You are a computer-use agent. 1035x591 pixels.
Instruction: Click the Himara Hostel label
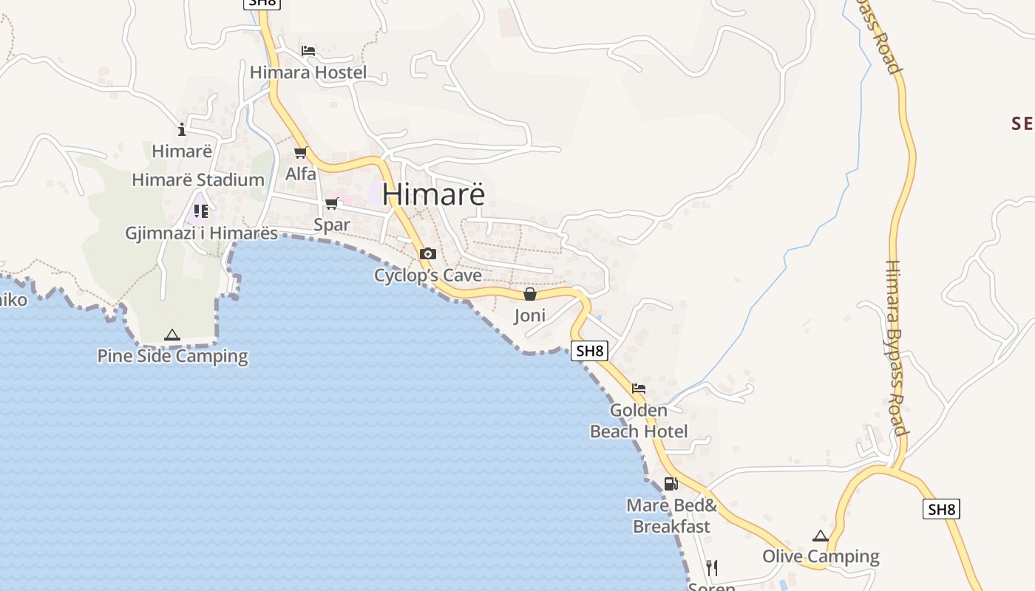pos(308,72)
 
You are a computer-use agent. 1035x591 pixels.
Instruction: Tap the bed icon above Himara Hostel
pos(308,51)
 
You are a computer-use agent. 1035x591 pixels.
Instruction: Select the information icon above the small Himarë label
pos(182,129)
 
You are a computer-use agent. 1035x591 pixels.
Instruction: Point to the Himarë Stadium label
pos(197,180)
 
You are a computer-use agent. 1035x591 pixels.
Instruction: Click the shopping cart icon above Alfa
pos(301,153)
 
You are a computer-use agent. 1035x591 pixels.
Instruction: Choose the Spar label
pos(332,225)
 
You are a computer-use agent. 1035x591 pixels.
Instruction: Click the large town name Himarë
pos(434,194)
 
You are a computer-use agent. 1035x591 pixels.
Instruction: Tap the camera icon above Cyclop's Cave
pos(427,254)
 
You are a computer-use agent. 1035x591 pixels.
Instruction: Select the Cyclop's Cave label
pos(427,276)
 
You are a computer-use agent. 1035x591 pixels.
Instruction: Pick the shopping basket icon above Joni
pos(529,294)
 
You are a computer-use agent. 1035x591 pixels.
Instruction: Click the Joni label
pos(529,315)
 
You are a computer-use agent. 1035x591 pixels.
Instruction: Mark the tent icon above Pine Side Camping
pos(172,335)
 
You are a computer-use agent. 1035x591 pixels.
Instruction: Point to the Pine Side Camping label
pos(172,356)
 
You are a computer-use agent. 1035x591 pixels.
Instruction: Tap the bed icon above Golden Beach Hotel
pos(639,389)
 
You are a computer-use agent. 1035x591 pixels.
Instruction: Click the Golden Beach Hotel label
pos(639,420)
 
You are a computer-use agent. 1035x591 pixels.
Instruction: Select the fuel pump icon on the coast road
pos(671,484)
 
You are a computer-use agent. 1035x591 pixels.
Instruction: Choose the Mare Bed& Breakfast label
pos(671,516)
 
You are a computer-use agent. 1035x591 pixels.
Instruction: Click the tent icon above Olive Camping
pos(821,536)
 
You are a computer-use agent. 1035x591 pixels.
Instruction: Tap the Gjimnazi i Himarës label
pos(201,233)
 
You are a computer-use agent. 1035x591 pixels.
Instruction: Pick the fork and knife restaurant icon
pos(711,567)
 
